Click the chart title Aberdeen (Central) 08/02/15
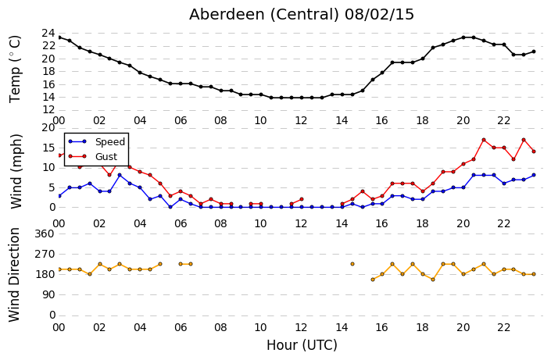tap(302, 15)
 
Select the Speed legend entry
tap(97, 141)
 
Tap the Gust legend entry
tap(93, 156)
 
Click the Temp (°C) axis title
tap(16, 70)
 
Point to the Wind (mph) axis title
tap(16, 172)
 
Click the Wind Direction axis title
tap(14, 275)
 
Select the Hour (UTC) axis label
tap(302, 345)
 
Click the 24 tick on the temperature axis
tap(48, 34)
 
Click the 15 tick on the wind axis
tap(48, 148)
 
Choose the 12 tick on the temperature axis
tap(48, 110)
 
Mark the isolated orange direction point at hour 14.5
tap(352, 264)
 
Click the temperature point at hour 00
tap(59, 37)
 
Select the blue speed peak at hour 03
tap(120, 175)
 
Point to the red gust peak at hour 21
tap(484, 140)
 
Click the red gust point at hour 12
tap(302, 199)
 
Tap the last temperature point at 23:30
tap(534, 52)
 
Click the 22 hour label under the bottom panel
tap(503, 327)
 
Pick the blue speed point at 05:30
tap(170, 207)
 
